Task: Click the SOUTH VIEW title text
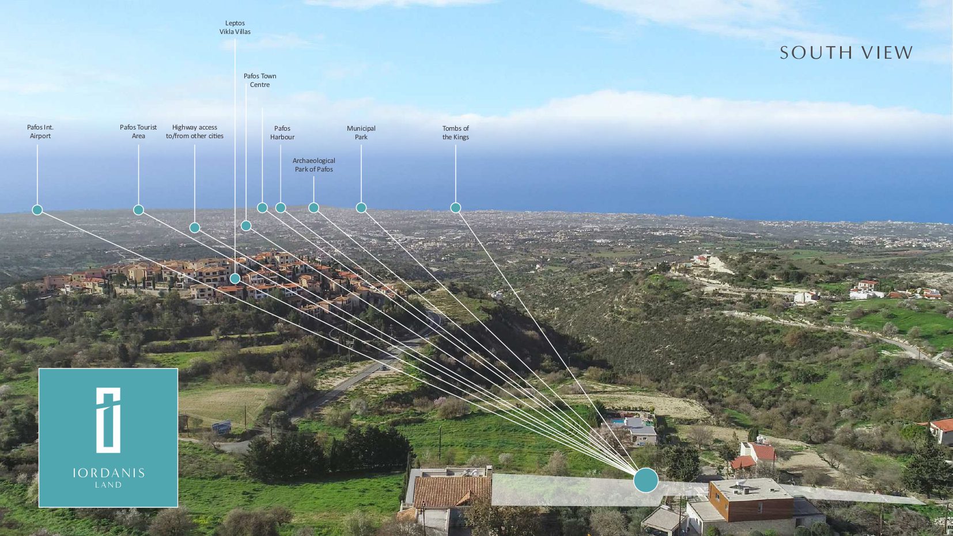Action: tap(846, 53)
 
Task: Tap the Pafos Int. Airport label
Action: tap(40, 132)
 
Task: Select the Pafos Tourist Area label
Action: tap(138, 132)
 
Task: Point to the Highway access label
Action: tap(195, 132)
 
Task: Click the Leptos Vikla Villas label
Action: tap(235, 28)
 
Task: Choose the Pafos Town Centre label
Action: tap(260, 80)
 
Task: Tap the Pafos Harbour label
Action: tap(282, 132)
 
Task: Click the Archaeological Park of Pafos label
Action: tap(314, 165)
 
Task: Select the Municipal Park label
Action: tap(361, 132)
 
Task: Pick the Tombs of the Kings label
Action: tap(456, 132)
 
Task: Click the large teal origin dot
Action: tap(646, 480)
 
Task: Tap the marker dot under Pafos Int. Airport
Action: tap(37, 210)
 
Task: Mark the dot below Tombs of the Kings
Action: tap(456, 208)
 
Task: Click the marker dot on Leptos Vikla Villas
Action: tap(235, 279)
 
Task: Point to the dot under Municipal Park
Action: tap(361, 208)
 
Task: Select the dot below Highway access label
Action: tap(195, 228)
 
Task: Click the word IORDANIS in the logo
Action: tap(108, 473)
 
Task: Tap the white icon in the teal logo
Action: tap(108, 420)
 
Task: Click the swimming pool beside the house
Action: tap(618, 421)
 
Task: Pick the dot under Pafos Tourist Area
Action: tap(138, 210)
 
